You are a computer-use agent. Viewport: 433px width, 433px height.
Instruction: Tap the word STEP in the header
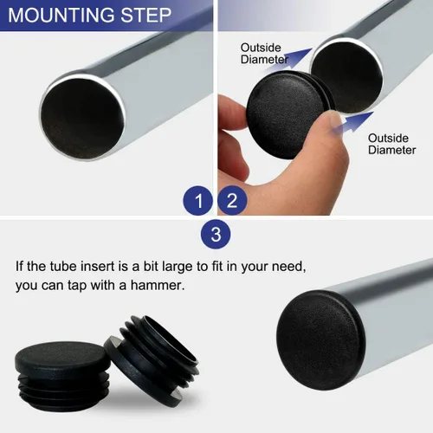tap(146, 16)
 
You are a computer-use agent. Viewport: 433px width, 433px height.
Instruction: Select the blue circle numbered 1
tap(198, 200)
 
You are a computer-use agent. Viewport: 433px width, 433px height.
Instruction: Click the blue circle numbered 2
tap(232, 200)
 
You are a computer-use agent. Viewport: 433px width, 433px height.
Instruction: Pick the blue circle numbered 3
tap(216, 234)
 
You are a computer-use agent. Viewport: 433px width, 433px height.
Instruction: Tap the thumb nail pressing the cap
tap(335, 123)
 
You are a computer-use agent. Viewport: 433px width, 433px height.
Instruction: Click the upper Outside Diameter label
tap(264, 54)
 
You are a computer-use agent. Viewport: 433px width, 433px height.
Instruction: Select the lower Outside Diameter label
tap(391, 144)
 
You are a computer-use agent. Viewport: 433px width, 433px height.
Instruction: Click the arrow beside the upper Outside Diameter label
tap(292, 58)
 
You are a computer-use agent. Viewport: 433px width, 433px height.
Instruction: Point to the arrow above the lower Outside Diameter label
tap(353, 123)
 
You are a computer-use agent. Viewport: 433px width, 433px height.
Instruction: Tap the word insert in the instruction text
tap(98, 266)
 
